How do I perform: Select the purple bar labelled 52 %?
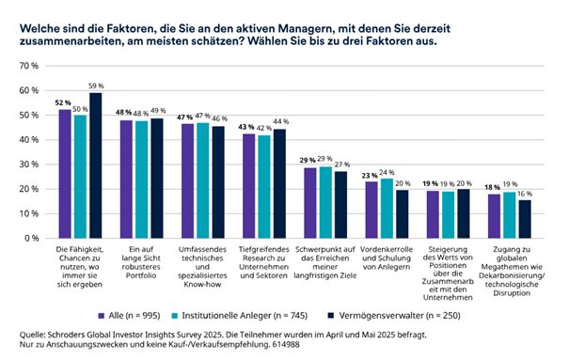point(65,174)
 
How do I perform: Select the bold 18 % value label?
point(493,187)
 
